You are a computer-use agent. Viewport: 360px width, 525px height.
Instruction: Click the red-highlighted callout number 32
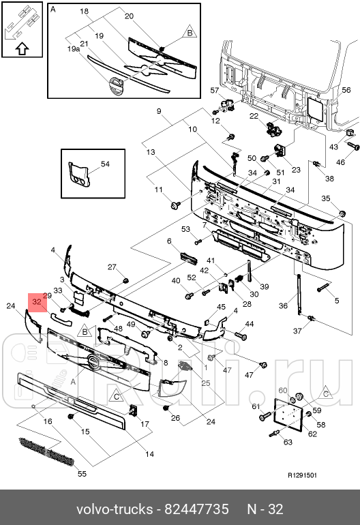click(x=36, y=301)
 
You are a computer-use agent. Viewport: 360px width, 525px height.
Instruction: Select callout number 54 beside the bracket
click(x=105, y=164)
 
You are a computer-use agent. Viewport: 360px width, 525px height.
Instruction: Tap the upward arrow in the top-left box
click(x=22, y=48)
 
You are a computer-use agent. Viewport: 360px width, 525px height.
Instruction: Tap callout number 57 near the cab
click(x=214, y=91)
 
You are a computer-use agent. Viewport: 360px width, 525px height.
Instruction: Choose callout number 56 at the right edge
click(x=346, y=90)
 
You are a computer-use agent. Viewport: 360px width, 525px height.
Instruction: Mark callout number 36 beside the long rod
click(x=284, y=306)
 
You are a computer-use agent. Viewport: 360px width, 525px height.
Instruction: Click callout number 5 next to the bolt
click(x=337, y=301)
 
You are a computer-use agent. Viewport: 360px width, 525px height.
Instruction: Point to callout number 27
click(x=112, y=267)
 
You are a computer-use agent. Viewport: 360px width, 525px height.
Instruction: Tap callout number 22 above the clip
click(x=254, y=117)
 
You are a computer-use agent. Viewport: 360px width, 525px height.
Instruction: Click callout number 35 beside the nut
click(x=325, y=198)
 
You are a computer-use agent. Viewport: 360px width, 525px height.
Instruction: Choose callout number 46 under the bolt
click(x=341, y=162)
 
